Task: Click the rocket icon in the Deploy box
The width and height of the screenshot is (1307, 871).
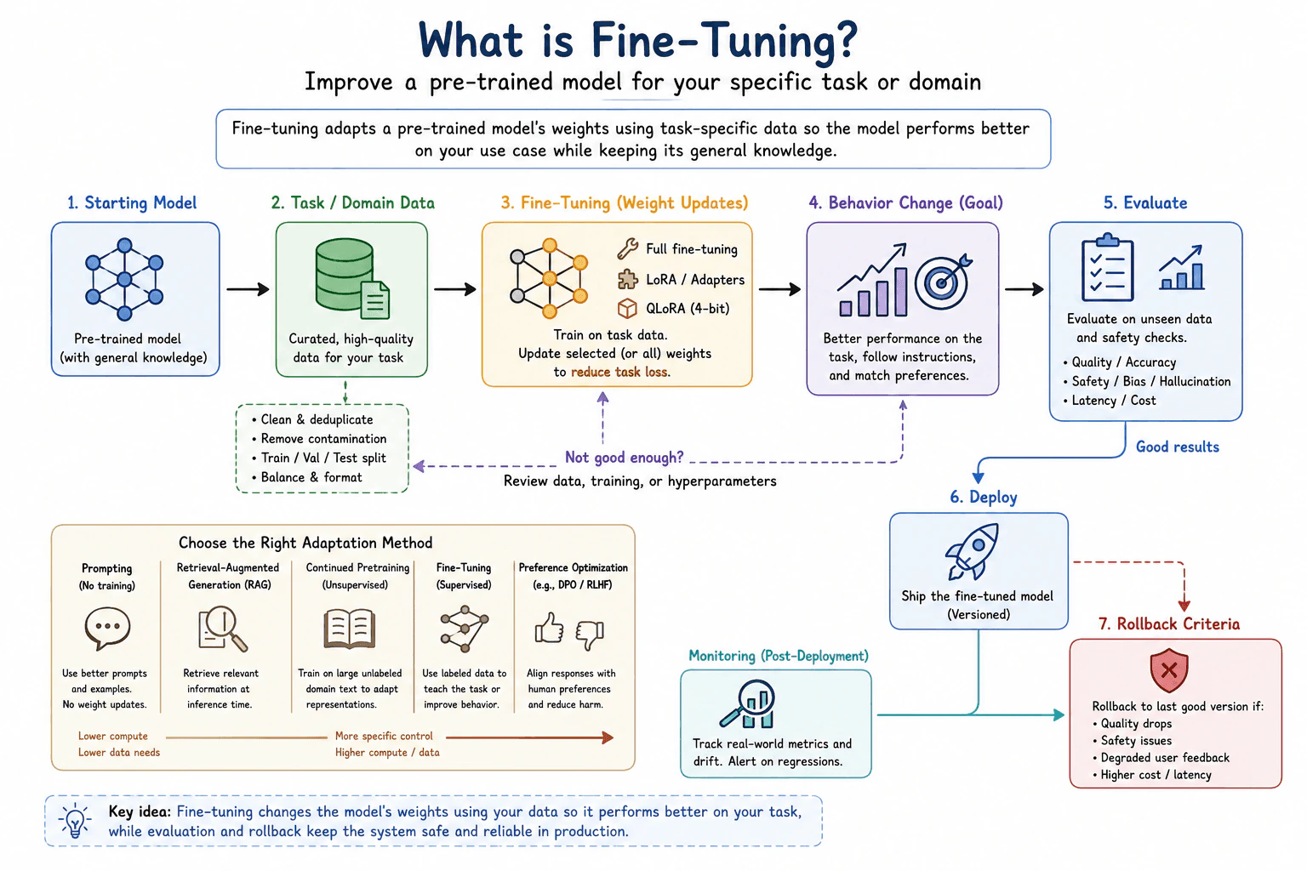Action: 972,552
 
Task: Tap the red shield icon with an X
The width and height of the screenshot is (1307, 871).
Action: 1168,669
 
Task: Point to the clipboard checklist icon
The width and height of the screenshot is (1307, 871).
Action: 1107,268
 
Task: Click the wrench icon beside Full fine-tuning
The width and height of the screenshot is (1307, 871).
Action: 627,248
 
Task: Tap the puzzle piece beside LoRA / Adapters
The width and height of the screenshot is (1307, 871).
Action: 627,279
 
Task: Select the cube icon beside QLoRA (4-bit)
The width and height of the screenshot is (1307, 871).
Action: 627,308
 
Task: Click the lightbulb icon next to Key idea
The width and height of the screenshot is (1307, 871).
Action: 75,821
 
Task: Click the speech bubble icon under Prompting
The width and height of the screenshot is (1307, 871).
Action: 107,628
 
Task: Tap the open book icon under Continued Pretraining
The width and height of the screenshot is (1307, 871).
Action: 350,629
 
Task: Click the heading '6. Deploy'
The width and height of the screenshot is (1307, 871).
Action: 983,497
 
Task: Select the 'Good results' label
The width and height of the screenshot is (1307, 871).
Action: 1178,447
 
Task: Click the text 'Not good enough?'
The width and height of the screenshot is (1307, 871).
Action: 624,457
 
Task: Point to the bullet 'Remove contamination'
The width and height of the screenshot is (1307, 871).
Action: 319,439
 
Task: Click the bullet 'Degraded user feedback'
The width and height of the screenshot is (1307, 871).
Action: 1161,758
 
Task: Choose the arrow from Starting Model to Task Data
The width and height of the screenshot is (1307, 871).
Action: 248,289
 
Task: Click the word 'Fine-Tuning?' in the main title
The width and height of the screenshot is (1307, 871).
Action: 724,40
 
